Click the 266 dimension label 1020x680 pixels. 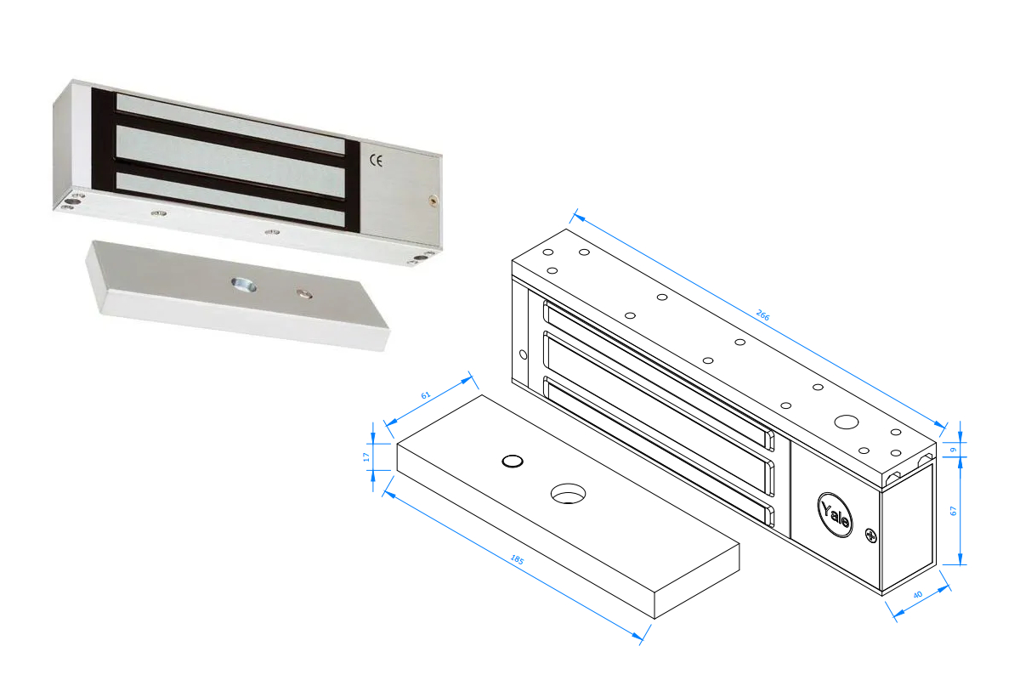[x=762, y=315]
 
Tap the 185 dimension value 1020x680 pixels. [x=518, y=559]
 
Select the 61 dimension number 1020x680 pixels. [x=425, y=395]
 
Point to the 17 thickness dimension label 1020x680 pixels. [x=366, y=456]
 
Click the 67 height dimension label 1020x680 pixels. [x=953, y=511]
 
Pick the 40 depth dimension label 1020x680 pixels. [x=917, y=594]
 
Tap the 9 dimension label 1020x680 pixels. [x=953, y=450]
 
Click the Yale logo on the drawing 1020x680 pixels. [x=835, y=514]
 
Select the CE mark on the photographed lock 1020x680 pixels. [x=376, y=161]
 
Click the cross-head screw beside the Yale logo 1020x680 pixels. [x=870, y=535]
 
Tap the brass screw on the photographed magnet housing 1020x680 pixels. [x=433, y=200]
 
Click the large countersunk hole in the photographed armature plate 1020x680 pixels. [x=244, y=285]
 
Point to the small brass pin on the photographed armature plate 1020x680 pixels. [x=304, y=293]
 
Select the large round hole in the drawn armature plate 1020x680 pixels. [x=568, y=494]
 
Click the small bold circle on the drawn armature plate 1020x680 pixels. [x=513, y=461]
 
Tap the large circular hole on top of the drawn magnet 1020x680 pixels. [x=846, y=422]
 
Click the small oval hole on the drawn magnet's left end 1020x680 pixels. [x=524, y=354]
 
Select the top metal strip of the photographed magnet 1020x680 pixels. [x=230, y=124]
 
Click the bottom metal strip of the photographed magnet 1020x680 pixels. [x=230, y=201]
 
